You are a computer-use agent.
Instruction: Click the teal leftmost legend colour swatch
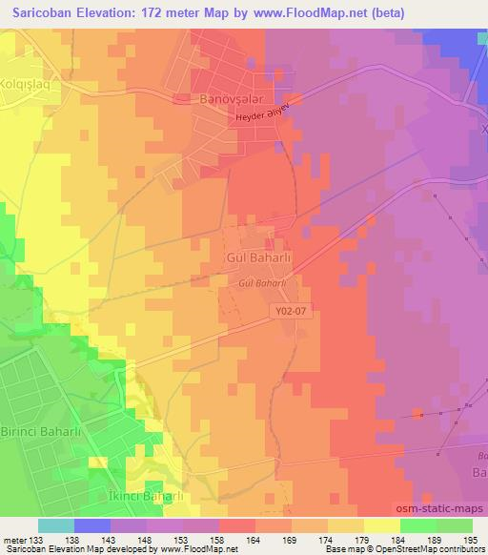[56, 525]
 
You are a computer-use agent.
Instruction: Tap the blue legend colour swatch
[92, 525]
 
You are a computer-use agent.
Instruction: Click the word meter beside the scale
[14, 542]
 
